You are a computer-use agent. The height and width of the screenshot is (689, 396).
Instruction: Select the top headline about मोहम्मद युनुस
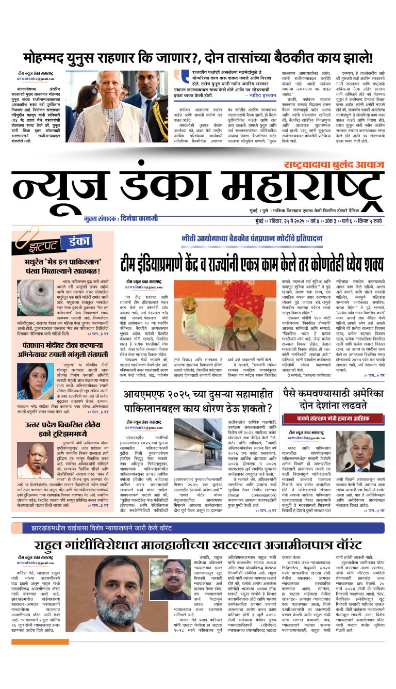pyautogui.click(x=197, y=57)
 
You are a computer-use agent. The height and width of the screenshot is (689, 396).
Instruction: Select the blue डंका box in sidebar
pyautogui.click(x=76, y=241)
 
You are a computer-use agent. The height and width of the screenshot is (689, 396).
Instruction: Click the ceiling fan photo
pyautogui.click(x=35, y=298)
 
